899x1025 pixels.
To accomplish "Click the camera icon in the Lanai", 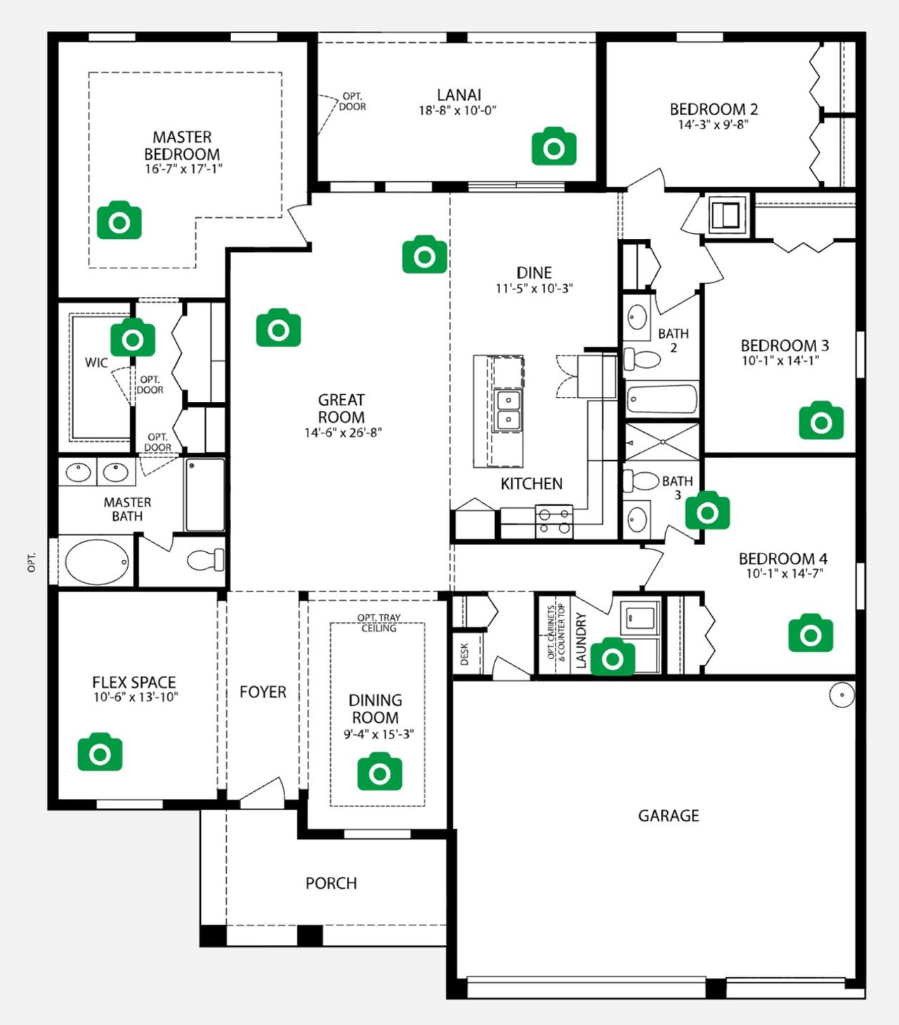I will coord(554,147).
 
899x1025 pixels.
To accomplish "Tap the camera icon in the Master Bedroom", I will coord(119,221).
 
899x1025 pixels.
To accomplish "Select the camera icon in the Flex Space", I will coord(100,752).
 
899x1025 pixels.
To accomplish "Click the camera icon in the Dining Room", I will coord(379,772).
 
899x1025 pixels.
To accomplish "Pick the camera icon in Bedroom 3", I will coord(821,421).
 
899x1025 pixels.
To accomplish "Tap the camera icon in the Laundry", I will coord(612,658).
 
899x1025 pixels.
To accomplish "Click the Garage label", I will coord(668,816).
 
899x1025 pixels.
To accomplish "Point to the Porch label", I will coord(331,883).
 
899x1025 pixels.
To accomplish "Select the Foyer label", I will coord(263,692).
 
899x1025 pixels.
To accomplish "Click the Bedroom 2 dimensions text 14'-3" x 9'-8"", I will coord(713,125).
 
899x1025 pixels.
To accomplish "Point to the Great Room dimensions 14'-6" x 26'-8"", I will coord(342,433).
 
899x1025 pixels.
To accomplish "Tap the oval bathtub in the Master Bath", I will coord(97,561).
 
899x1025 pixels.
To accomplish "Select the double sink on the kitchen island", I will coord(508,410).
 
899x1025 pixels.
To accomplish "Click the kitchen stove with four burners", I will coord(553,521).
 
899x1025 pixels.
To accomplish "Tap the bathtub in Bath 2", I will coord(662,400).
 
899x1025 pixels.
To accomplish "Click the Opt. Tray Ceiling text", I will coord(379,622).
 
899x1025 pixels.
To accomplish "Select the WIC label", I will coord(96,363).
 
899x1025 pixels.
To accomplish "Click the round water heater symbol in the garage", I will coord(841,695).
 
